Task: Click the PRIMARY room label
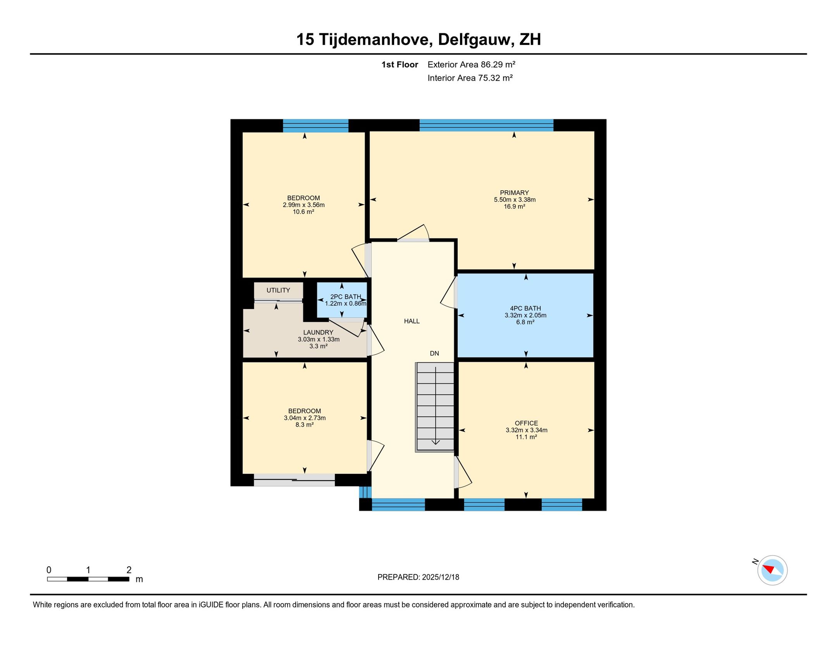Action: pyautogui.click(x=514, y=193)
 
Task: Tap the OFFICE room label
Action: pyautogui.click(x=526, y=423)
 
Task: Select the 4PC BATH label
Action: pyautogui.click(x=525, y=308)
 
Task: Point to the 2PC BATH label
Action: pyautogui.click(x=345, y=297)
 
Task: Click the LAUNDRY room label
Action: pyautogui.click(x=318, y=332)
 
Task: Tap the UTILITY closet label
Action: pyautogui.click(x=278, y=290)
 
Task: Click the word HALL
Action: pyautogui.click(x=412, y=321)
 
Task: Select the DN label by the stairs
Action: pyautogui.click(x=434, y=353)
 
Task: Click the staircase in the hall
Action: pyautogui.click(x=434, y=407)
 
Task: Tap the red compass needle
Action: pyautogui.click(x=768, y=569)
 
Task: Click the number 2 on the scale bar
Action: pyautogui.click(x=129, y=570)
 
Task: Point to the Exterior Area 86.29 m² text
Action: pyautogui.click(x=471, y=64)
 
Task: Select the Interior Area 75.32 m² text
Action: pyautogui.click(x=470, y=78)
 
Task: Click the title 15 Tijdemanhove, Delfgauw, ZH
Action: pyautogui.click(x=418, y=40)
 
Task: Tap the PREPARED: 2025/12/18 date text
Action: pyautogui.click(x=418, y=577)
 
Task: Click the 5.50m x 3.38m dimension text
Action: pyautogui.click(x=515, y=200)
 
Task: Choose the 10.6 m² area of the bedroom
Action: pyautogui.click(x=303, y=212)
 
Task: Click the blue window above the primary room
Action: pyautogui.click(x=486, y=125)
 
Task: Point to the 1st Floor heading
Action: pyautogui.click(x=400, y=64)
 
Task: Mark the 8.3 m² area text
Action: pyautogui.click(x=305, y=425)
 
